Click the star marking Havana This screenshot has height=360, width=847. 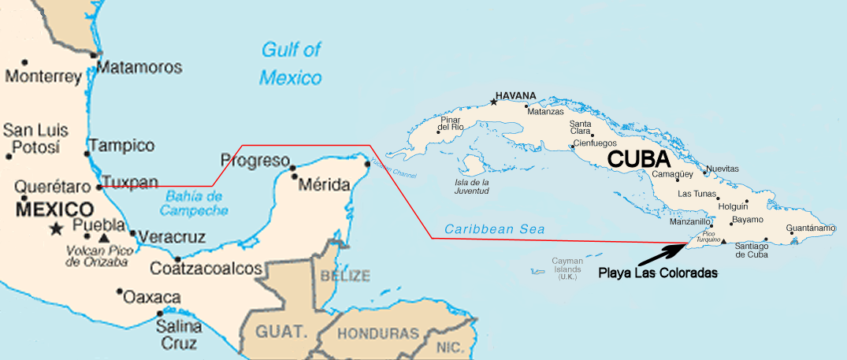click(x=494, y=102)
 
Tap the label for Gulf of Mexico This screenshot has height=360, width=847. click(x=291, y=64)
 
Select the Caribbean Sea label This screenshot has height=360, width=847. click(x=494, y=229)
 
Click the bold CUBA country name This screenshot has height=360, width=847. click(x=639, y=159)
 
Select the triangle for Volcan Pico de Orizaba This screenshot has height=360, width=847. click(x=105, y=237)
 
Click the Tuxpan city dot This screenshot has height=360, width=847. click(x=99, y=187)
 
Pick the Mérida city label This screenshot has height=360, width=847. click(x=325, y=186)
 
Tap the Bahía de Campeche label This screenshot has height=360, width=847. click(x=194, y=203)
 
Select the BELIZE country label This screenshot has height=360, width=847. click(x=344, y=276)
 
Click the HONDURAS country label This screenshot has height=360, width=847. click(x=378, y=333)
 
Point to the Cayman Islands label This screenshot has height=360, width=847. click(x=567, y=269)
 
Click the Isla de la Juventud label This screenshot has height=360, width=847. click(x=472, y=186)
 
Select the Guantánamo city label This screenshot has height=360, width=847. click(x=811, y=228)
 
